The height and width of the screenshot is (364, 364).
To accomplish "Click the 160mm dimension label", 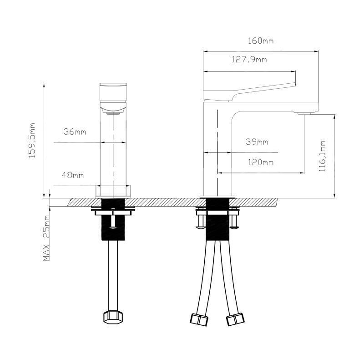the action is tap(261, 41).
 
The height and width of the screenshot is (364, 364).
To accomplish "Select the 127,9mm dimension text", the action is tap(249, 60).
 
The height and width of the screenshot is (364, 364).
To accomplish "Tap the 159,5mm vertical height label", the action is tap(32, 141).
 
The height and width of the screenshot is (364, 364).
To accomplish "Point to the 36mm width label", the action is tap(75, 132).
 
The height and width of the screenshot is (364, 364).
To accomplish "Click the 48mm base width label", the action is tap(73, 175).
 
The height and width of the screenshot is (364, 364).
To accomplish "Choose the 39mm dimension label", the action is tap(257, 142).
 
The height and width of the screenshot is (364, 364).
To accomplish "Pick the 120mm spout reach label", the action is tap(261, 162).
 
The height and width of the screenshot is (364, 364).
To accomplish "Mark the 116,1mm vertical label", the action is tap(322, 156).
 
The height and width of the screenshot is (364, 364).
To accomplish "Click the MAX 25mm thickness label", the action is tap(46, 238).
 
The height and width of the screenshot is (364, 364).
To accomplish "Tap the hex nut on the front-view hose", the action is tap(113, 317).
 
